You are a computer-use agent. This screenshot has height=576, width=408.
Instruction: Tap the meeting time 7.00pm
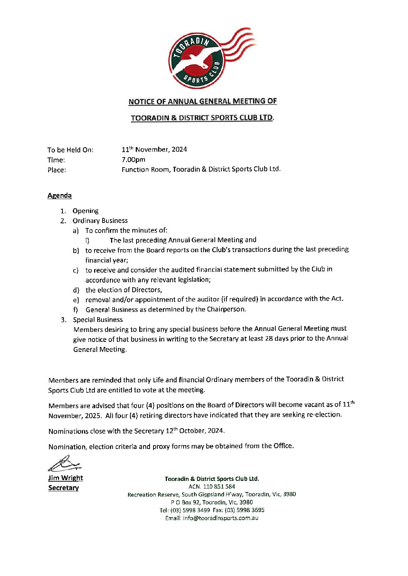(x=133, y=159)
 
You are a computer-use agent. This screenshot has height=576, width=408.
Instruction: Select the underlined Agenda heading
(x=59, y=195)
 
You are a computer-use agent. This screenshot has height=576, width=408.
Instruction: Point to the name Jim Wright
(x=65, y=478)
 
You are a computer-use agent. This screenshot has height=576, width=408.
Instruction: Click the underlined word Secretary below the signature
(x=63, y=488)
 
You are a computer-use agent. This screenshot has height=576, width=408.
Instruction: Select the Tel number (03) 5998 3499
(x=190, y=510)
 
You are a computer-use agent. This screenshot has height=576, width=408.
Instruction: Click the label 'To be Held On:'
(x=70, y=150)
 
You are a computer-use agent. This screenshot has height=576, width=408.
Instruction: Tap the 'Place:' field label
(x=57, y=170)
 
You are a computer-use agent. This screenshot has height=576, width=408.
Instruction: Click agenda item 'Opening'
(x=86, y=211)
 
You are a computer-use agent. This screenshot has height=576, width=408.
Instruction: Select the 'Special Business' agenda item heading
(x=98, y=320)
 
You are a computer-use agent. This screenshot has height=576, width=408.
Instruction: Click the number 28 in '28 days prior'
(x=269, y=338)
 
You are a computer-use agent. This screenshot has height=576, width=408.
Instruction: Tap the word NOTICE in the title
(x=141, y=102)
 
